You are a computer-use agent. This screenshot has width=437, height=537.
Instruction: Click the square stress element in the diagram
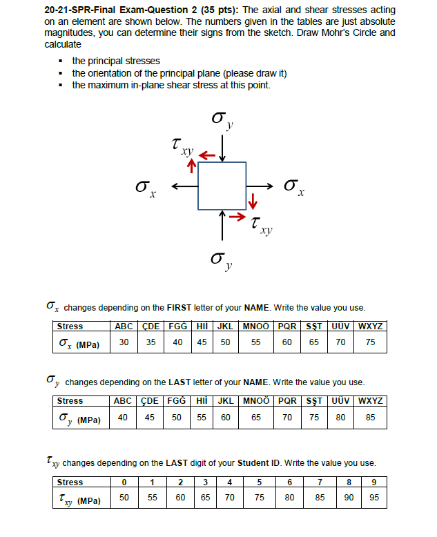click(x=222, y=186)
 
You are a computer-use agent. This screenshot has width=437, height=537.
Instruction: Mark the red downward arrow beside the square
click(x=253, y=202)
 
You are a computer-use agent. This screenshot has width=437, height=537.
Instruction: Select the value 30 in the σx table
click(x=124, y=342)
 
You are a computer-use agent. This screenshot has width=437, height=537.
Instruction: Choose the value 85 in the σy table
click(x=370, y=418)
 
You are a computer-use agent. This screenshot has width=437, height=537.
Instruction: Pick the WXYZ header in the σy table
click(x=370, y=401)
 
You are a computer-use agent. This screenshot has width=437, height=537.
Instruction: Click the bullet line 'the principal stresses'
click(x=116, y=61)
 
